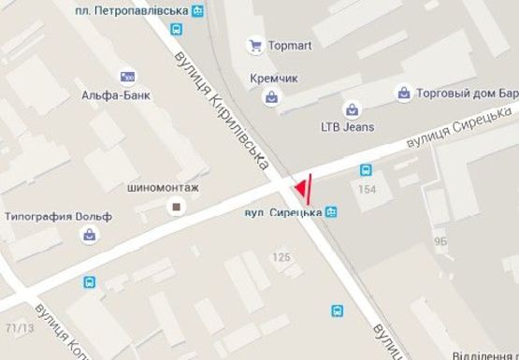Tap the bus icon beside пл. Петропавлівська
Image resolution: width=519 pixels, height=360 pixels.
tap(197, 11)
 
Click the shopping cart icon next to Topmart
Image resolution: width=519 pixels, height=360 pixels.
tap(253, 45)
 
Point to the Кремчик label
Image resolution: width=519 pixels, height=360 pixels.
tap(272, 78)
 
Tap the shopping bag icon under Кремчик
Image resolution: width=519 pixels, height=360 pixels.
tap(271, 95)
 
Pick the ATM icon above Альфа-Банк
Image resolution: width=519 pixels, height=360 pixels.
tap(127, 76)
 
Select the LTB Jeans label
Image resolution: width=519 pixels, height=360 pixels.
tap(347, 125)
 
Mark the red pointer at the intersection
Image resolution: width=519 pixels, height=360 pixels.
tap(301, 191)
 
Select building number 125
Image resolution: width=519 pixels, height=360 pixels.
tap(280, 255)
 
